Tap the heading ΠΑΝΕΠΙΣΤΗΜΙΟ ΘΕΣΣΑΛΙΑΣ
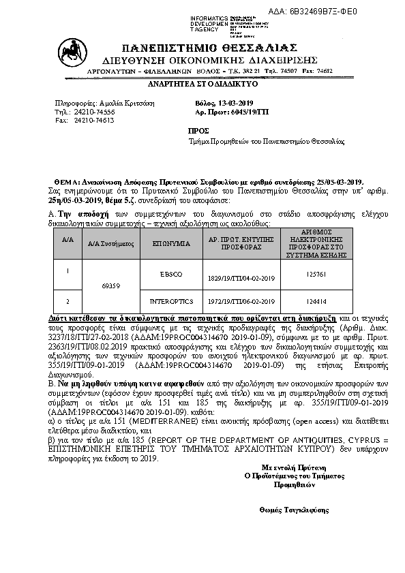pos(209,48)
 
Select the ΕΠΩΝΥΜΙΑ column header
pos(162,242)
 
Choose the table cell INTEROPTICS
pos(162,300)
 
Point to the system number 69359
pos(110,287)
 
